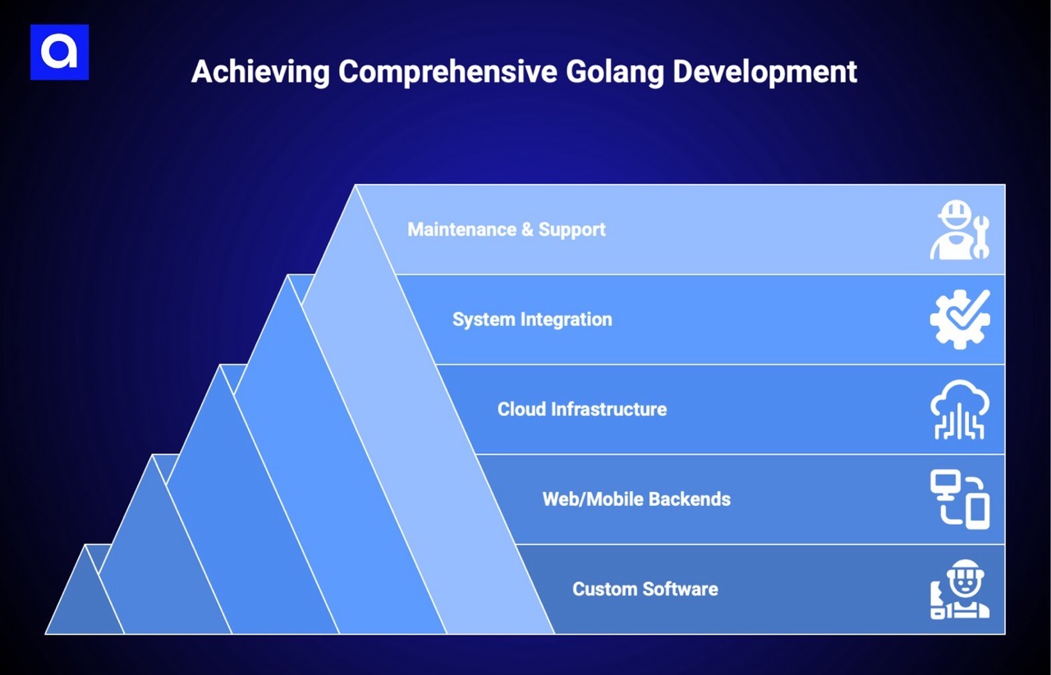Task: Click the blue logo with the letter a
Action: pos(59,53)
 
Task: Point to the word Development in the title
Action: pos(765,71)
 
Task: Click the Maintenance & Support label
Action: pos(506,229)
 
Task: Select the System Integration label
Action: pos(532,319)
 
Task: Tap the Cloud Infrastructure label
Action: pos(581,409)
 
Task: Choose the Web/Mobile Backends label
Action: pos(636,499)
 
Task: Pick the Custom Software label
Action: pos(645,590)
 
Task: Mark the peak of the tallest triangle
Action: pos(356,186)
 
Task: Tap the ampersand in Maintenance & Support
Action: pos(527,229)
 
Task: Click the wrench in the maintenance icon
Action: pos(980,237)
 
